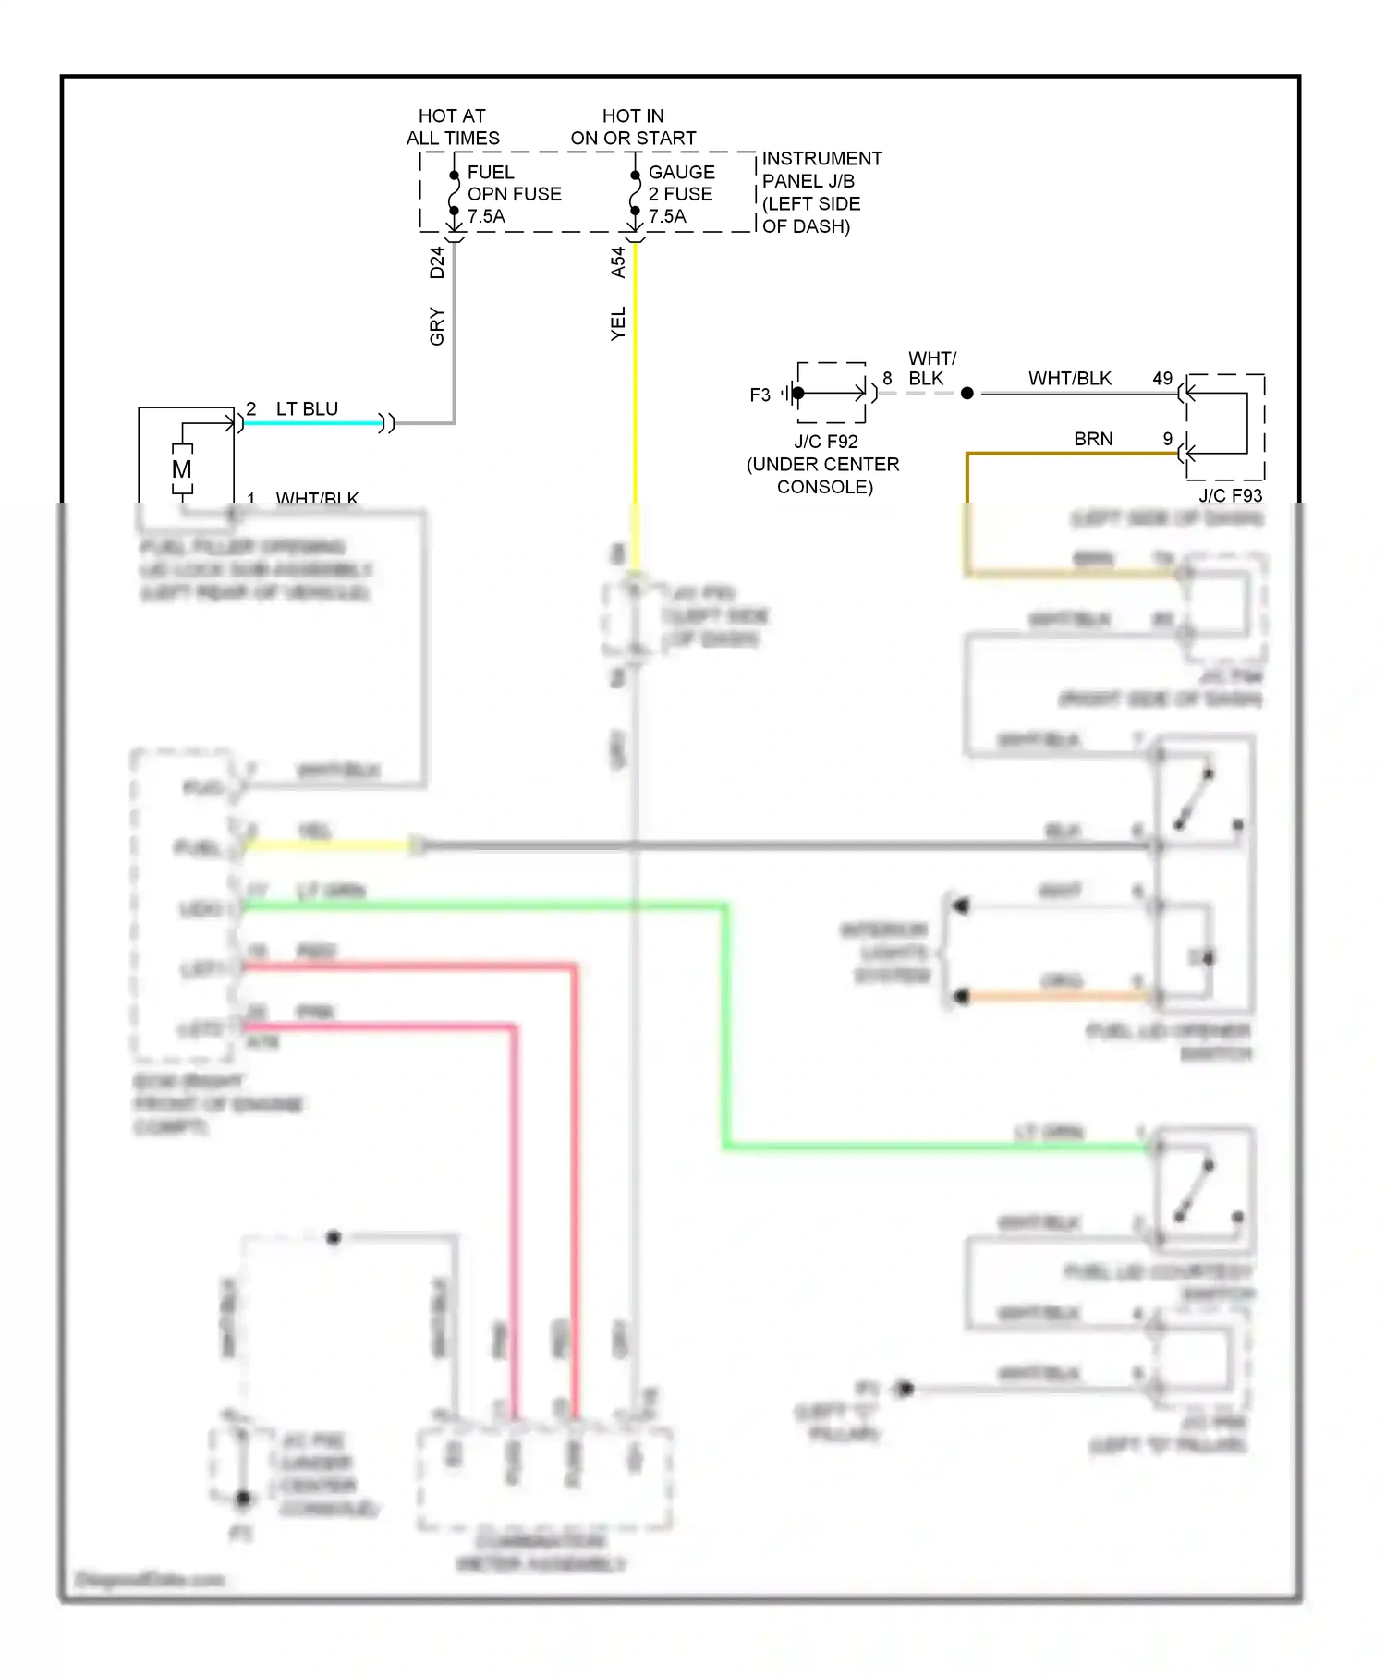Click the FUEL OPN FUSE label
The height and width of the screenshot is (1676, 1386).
click(513, 194)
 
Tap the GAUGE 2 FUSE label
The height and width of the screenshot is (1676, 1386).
click(681, 194)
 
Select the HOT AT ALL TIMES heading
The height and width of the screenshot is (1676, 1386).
click(453, 127)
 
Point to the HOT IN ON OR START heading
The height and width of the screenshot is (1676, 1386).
click(633, 127)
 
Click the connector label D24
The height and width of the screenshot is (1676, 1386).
click(437, 262)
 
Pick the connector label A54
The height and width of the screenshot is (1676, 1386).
click(618, 262)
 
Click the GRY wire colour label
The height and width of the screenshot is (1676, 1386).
click(437, 326)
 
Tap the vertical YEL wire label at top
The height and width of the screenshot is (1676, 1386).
click(618, 323)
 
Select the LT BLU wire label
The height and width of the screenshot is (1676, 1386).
click(307, 408)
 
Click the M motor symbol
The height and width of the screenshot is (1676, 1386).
click(182, 469)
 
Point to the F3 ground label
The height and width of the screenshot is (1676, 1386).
click(760, 395)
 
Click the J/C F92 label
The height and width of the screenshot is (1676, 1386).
click(825, 442)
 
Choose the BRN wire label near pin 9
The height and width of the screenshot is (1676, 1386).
click(1093, 439)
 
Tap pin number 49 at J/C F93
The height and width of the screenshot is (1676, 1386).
click(1161, 379)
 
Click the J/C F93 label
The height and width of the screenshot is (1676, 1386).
click(1230, 495)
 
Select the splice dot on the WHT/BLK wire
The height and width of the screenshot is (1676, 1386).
click(967, 394)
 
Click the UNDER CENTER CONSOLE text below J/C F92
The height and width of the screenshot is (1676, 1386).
click(823, 475)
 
